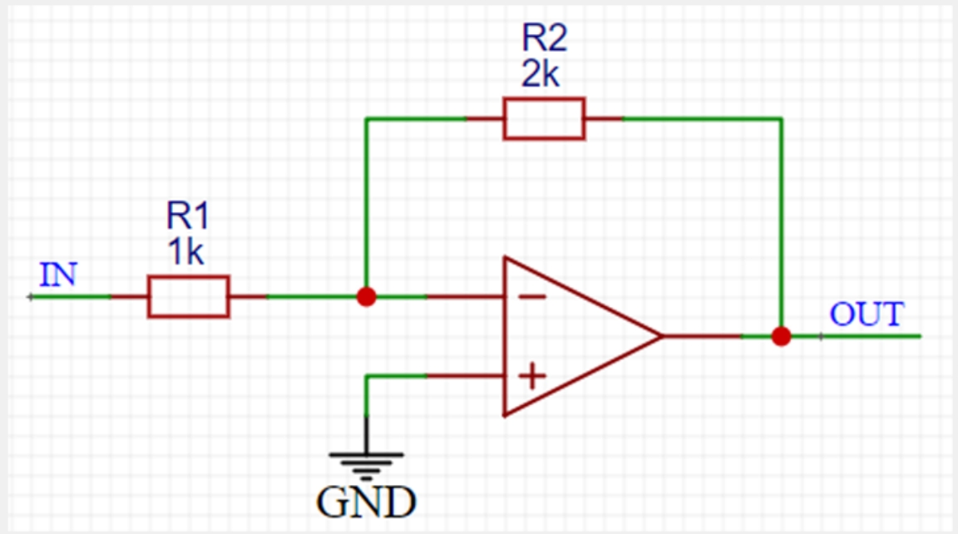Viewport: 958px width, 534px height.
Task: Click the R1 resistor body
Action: point(188,297)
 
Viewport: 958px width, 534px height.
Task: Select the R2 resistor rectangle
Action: point(544,119)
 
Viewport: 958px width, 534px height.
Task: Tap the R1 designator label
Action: point(188,215)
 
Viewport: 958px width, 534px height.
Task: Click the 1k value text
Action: point(185,252)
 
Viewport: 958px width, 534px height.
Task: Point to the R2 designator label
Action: point(545,38)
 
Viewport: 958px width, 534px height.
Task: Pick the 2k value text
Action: point(540,75)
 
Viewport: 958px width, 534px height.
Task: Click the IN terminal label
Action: point(58,275)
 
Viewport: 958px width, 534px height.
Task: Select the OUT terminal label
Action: point(867,314)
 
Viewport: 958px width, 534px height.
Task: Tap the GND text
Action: point(366,502)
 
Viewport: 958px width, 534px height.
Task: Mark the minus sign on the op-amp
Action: point(532,297)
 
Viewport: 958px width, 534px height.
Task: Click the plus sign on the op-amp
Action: point(532,376)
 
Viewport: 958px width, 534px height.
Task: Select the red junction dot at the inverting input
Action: point(366,297)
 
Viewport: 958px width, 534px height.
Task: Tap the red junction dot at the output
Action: point(782,336)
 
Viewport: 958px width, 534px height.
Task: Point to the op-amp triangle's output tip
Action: point(662,336)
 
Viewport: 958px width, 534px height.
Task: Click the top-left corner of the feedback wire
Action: point(366,119)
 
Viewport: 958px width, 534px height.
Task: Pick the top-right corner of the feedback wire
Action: point(782,119)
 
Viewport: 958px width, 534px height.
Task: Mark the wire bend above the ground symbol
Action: point(366,376)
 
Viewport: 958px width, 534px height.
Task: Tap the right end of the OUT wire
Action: point(920,336)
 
